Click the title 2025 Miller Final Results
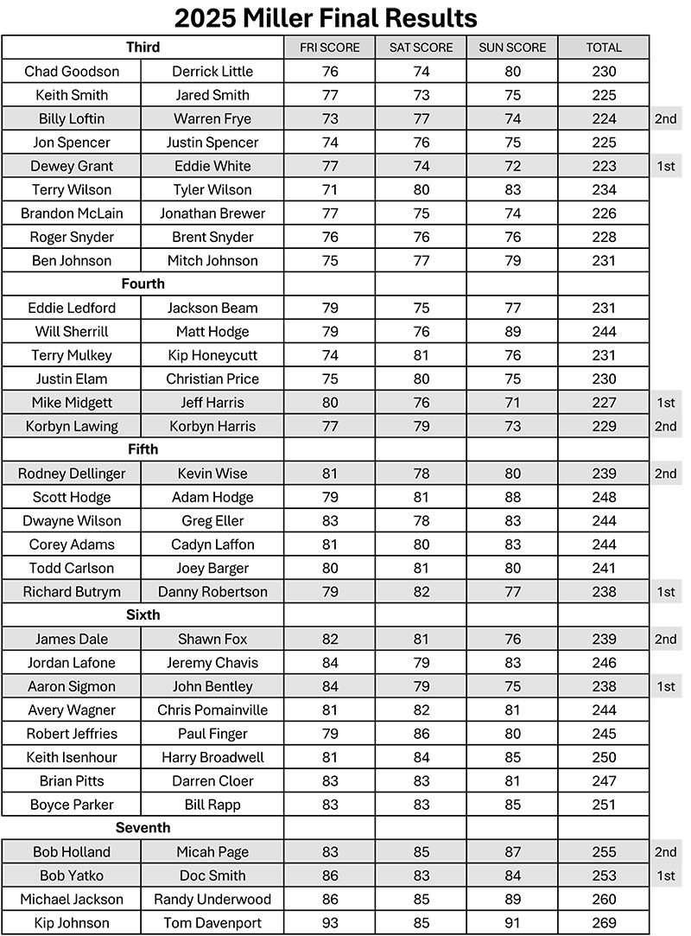(x=326, y=17)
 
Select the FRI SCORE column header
(x=330, y=48)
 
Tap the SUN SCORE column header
(x=512, y=48)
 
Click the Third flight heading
(x=143, y=48)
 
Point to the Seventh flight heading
(x=143, y=828)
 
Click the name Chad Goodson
(x=72, y=72)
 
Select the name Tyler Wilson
(x=212, y=189)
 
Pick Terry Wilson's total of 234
(x=604, y=189)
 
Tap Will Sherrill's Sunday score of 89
(x=512, y=331)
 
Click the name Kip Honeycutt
(x=212, y=355)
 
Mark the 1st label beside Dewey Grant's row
(x=665, y=166)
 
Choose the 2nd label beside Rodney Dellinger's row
(x=665, y=474)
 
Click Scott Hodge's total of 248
(x=604, y=497)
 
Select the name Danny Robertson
(x=212, y=592)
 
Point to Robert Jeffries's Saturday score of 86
(x=421, y=734)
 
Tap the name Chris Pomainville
(x=212, y=710)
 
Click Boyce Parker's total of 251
(x=604, y=805)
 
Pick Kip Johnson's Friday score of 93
(x=330, y=923)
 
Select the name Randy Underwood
(x=212, y=899)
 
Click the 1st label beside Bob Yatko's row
(x=665, y=876)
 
